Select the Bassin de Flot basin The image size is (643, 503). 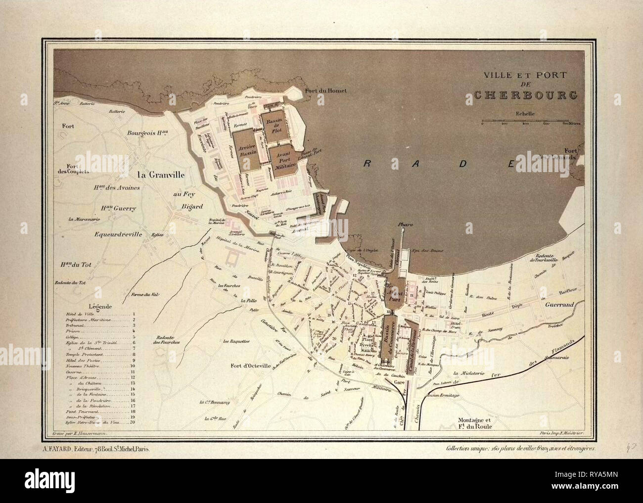(273, 128)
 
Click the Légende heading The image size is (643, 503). (100, 305)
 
